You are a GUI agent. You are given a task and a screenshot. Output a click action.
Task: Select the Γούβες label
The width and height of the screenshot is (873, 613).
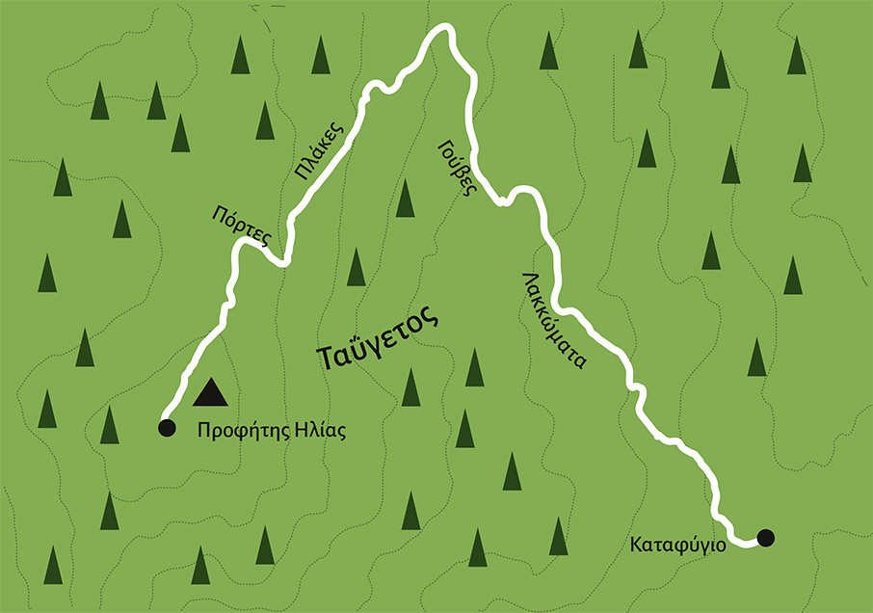pos(457,168)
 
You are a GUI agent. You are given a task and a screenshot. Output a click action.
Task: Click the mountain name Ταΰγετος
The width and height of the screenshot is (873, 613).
pos(378,342)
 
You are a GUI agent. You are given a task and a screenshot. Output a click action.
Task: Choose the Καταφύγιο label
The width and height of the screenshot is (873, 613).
pos(679,544)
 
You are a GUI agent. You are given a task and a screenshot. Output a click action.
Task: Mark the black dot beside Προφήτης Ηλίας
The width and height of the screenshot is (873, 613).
pos(167,427)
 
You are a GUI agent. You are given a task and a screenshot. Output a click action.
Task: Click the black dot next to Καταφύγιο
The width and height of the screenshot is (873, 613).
pos(765,538)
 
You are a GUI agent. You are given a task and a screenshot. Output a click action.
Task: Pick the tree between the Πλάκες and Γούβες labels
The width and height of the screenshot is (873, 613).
pos(406,198)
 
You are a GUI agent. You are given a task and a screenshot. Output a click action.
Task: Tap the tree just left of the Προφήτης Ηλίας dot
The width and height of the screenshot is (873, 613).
pos(110,425)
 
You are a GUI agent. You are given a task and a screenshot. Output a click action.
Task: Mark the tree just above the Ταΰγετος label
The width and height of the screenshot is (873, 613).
pos(356,267)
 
